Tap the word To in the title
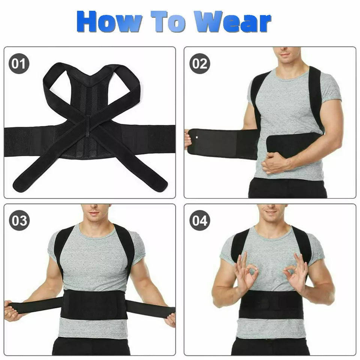168,21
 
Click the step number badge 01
19,63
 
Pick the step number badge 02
199,63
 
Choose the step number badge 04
199,220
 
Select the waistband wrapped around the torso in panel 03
94,304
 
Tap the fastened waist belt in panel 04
271,304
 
